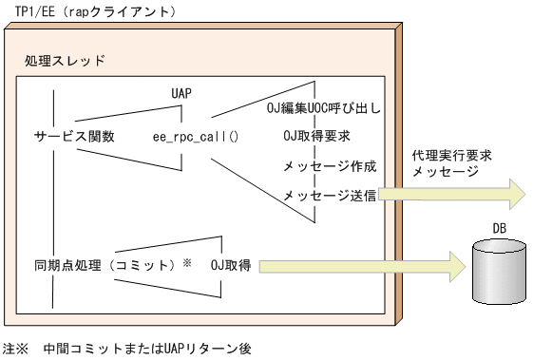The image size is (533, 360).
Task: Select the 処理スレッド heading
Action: [x=65, y=60]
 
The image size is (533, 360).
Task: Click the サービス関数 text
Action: [x=73, y=136]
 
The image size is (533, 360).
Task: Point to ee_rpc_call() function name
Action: [x=195, y=136]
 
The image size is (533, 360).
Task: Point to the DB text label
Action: [x=499, y=228]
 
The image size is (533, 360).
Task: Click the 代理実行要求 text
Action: [x=451, y=154]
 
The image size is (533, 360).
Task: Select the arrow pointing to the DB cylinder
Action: [x=361, y=264]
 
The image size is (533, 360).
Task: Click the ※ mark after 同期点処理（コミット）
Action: [x=187, y=260]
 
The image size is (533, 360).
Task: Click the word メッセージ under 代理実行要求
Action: [x=445, y=172]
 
